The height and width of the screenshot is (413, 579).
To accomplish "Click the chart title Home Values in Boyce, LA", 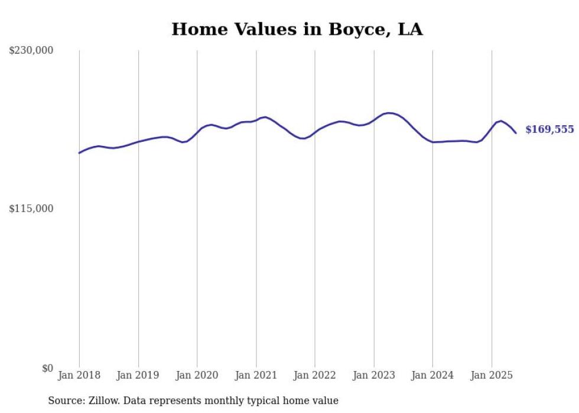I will click(297, 30).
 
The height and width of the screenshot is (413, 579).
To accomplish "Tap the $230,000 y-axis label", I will click(31, 51).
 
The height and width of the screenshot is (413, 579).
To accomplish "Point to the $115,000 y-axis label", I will click(31, 209).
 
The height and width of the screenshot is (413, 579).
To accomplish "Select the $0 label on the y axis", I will click(47, 368).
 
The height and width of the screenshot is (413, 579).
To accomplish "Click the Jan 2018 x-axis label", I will click(79, 375).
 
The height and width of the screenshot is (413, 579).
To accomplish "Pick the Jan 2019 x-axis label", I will click(138, 375).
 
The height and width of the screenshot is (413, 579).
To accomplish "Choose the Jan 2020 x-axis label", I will click(197, 375).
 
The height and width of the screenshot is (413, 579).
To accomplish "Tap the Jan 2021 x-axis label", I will click(256, 375).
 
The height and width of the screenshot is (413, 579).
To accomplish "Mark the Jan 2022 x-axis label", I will click(315, 375).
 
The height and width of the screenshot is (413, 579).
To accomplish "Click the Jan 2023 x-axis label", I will click(374, 375).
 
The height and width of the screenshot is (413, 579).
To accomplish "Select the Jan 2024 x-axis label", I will click(432, 375).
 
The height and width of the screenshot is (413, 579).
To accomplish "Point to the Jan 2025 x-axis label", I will click(492, 375).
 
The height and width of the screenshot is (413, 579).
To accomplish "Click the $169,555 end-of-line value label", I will click(549, 129).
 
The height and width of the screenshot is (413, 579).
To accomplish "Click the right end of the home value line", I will click(516, 133).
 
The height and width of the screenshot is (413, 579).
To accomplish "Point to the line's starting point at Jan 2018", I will click(79, 153).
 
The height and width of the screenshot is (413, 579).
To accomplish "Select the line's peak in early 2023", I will click(389, 113).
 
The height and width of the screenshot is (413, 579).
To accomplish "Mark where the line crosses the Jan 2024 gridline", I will click(432, 142).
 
